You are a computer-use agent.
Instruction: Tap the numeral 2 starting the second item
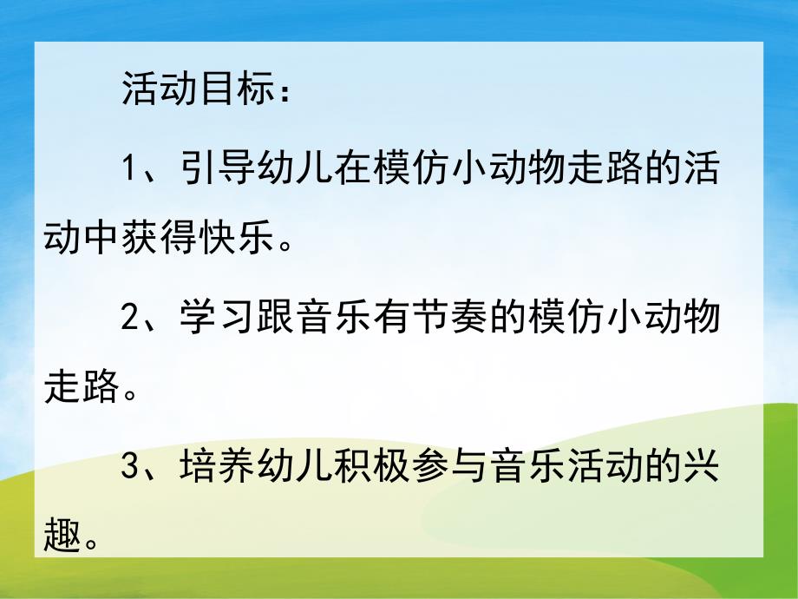[x=131, y=319]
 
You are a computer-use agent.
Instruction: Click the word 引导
[x=217, y=168]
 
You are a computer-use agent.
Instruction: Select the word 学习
[x=217, y=319]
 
